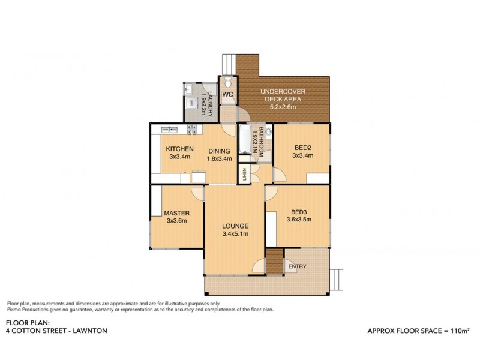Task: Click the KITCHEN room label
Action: [179, 149]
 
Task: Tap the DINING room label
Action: [219, 151]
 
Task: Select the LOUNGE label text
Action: [234, 226]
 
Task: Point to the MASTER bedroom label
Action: [177, 213]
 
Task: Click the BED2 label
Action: [302, 147]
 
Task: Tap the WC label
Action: [227, 95]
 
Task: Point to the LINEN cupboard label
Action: [244, 175]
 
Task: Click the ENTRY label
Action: [297, 266]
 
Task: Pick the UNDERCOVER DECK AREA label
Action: [282, 95]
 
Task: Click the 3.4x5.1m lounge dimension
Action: [234, 233]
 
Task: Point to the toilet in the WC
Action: [227, 82]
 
